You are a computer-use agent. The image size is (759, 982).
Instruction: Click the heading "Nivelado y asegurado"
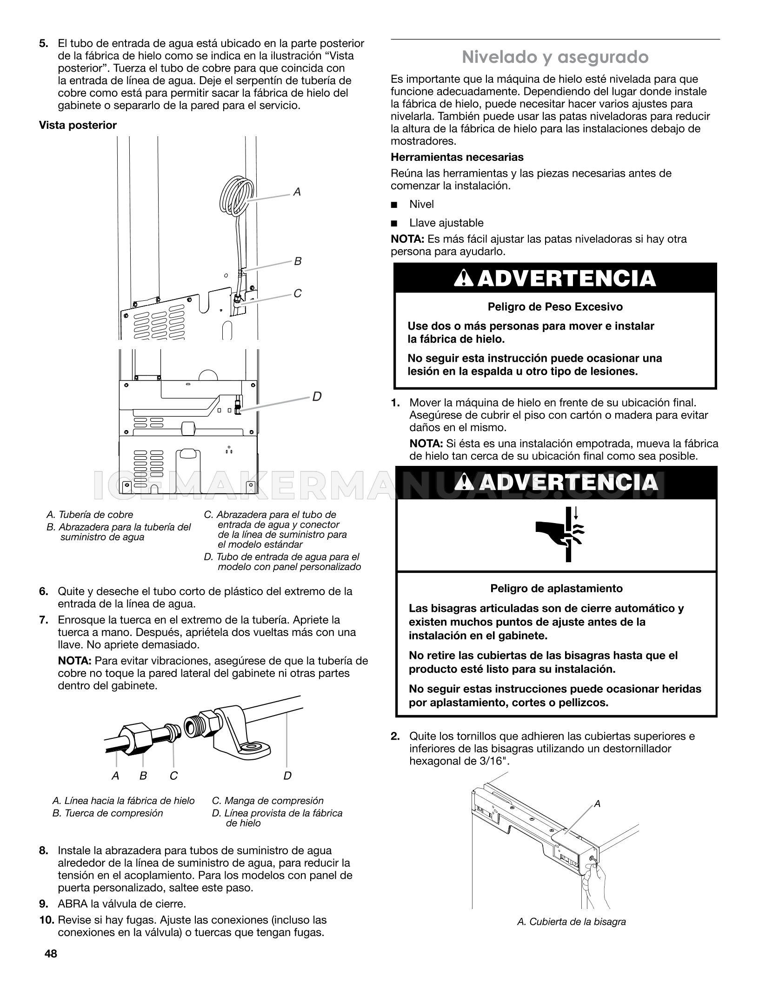point(555,57)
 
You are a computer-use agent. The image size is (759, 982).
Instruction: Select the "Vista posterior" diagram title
point(78,125)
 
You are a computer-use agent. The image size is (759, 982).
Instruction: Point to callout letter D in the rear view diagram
point(317,397)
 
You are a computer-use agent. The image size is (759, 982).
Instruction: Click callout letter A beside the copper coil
point(297,192)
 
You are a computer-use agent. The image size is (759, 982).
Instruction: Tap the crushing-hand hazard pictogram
point(560,534)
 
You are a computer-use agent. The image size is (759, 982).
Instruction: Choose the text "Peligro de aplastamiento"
point(556,589)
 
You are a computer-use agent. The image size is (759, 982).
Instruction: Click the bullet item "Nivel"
point(421,204)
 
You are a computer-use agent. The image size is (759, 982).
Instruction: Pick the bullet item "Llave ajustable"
point(446,223)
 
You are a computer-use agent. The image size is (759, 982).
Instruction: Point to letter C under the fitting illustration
point(173,776)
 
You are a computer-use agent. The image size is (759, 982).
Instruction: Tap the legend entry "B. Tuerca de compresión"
point(108,813)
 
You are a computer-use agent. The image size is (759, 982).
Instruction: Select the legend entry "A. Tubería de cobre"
point(90,515)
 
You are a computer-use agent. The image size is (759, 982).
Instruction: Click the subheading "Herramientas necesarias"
point(457,157)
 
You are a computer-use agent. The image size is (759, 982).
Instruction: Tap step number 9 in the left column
point(44,904)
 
